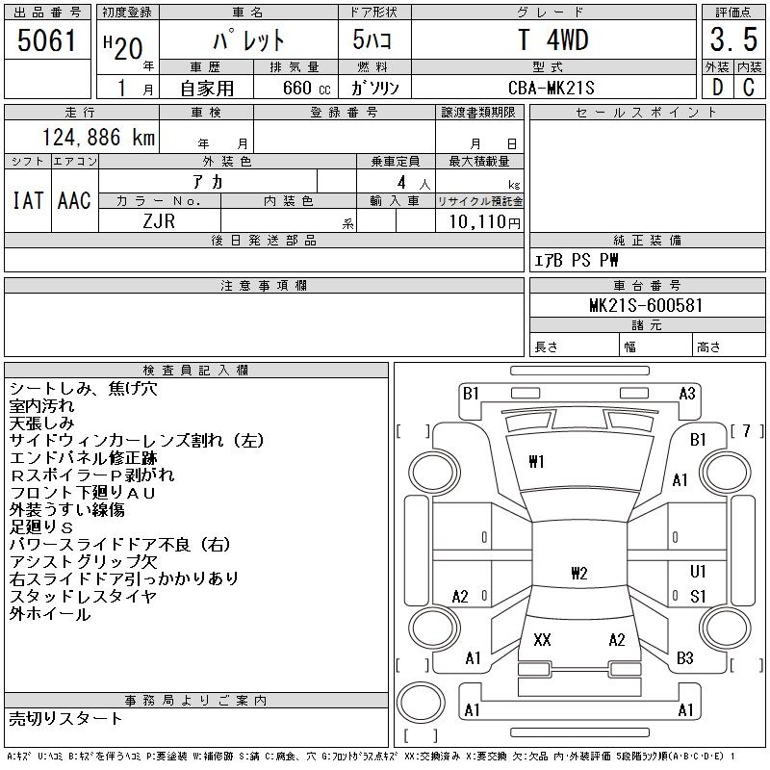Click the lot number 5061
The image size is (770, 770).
tap(47, 40)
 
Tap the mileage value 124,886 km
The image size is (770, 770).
tap(96, 138)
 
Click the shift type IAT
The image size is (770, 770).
tap(27, 200)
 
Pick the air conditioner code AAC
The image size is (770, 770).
tap(73, 200)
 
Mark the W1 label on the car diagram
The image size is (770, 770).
tap(536, 462)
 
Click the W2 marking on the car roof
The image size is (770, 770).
tap(578, 574)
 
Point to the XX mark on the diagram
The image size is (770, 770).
tap(542, 639)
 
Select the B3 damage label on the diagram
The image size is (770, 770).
tap(685, 658)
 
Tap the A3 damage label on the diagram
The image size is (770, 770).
tap(687, 393)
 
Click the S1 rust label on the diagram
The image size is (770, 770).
tap(699, 597)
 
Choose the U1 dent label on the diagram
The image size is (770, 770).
tap(699, 572)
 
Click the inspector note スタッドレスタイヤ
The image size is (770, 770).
tap(83, 597)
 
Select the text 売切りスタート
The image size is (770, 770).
tap(66, 718)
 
